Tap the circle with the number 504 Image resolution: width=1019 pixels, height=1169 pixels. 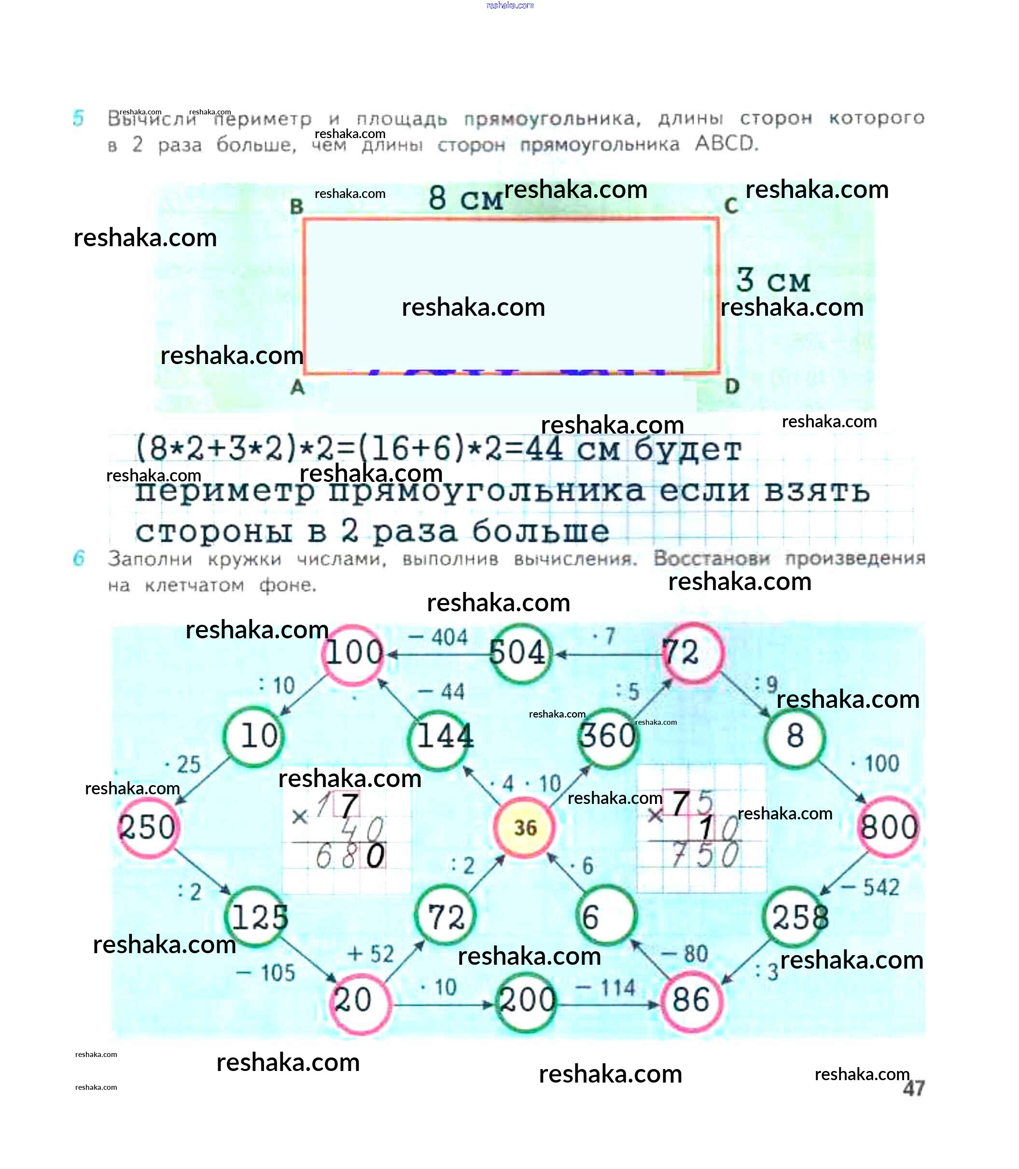(518, 652)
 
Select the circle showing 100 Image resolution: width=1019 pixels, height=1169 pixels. (354, 652)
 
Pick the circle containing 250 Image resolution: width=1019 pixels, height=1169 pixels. (148, 827)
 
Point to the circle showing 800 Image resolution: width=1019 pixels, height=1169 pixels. (889, 827)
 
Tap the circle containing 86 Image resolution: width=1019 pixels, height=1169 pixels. (691, 1000)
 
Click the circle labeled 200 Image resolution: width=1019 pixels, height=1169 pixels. (527, 1000)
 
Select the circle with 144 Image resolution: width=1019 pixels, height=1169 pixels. (442, 737)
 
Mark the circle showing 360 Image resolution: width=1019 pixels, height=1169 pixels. (607, 737)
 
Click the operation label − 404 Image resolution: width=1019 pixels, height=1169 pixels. (438, 637)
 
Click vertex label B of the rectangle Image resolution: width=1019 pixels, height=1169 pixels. (296, 207)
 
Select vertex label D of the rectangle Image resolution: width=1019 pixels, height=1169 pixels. (732, 387)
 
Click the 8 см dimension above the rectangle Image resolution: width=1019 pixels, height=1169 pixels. (466, 198)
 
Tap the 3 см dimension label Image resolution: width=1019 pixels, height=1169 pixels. (773, 281)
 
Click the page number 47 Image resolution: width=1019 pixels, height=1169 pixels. (913, 1088)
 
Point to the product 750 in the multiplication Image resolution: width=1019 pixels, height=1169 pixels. (705, 855)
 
